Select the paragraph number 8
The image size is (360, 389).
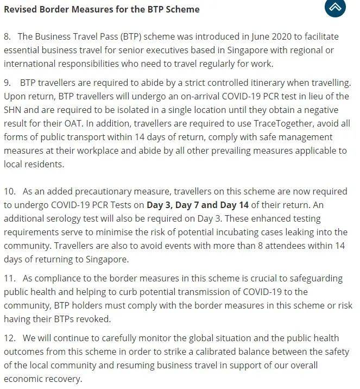coord(8,36)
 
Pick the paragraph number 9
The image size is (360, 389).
coord(8,83)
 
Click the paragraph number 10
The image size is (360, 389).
coord(10,191)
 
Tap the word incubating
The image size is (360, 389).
coord(212,232)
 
